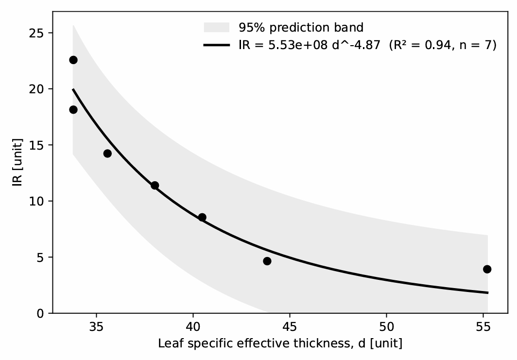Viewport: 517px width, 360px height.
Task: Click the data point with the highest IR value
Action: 73,60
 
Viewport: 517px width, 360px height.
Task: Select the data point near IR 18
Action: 73,110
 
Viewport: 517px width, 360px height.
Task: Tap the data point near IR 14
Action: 107,154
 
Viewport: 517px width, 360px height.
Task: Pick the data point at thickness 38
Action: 155,185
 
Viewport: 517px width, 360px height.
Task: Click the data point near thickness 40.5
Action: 202,217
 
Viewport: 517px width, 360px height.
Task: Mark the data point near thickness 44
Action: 267,261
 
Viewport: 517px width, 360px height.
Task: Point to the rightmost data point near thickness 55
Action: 487,269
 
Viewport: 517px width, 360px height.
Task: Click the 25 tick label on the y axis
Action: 36,33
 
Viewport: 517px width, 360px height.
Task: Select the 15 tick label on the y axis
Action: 36,145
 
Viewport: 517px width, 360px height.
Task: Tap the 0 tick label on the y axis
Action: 40,313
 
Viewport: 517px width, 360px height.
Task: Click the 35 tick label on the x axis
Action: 96,327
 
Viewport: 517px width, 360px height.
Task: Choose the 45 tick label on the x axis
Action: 290,327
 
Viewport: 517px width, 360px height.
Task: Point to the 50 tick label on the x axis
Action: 386,327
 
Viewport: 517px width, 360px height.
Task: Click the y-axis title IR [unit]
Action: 17,162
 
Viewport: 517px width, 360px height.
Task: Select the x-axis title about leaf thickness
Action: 280,343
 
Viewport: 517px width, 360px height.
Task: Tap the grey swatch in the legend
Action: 216,27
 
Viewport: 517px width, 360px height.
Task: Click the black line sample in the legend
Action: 216,45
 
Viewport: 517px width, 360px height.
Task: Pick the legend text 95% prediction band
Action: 301,27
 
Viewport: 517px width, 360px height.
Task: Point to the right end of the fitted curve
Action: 488,292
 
